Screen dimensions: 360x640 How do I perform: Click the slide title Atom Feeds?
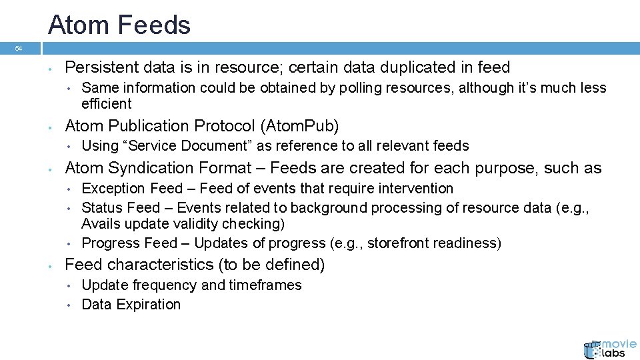(x=119, y=25)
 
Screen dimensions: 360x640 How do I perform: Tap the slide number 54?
(x=19, y=49)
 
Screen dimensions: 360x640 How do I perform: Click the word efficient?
(x=107, y=104)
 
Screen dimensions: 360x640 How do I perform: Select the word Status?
(x=101, y=208)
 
